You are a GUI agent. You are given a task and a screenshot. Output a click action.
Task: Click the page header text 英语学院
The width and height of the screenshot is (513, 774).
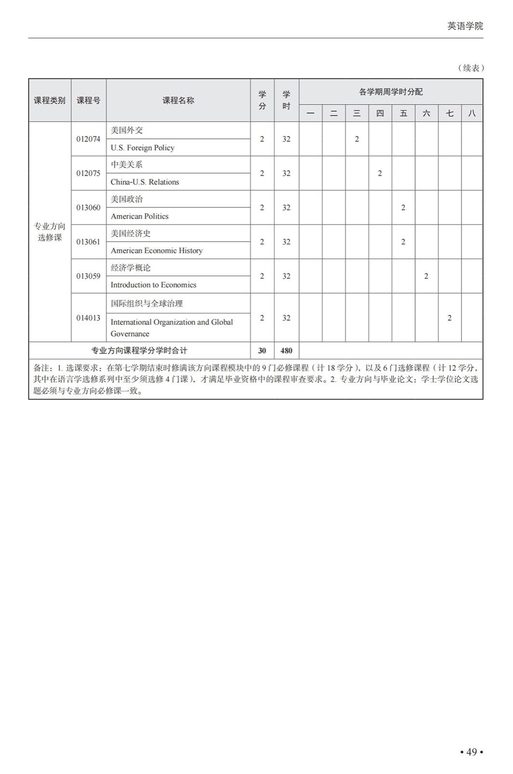point(465,26)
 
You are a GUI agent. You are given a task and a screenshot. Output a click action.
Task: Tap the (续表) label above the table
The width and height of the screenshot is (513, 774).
point(470,68)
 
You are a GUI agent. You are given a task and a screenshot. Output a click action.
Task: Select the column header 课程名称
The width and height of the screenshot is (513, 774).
point(178,100)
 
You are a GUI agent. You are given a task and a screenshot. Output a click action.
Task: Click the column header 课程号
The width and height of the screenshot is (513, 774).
point(89,100)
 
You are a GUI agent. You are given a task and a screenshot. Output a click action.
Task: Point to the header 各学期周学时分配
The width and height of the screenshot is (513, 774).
point(391,92)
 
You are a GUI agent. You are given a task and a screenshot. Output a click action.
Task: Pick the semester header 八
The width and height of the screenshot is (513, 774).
point(472,113)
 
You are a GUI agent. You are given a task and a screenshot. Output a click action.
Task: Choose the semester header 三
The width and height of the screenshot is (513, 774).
point(357,113)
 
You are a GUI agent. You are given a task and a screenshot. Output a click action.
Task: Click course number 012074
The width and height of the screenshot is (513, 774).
point(88,139)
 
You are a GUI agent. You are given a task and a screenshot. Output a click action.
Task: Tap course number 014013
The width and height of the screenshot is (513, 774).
point(88,318)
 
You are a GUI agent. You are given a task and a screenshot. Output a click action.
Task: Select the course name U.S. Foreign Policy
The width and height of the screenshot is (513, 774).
point(142,148)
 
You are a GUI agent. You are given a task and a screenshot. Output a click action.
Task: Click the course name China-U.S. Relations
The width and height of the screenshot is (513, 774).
point(145,182)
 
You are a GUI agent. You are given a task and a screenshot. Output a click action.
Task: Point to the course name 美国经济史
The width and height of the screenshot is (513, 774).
point(130,233)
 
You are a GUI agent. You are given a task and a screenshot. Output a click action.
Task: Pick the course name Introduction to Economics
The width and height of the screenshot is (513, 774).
point(153,285)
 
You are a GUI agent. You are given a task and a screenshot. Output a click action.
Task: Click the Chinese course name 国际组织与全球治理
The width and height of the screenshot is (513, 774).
point(147,303)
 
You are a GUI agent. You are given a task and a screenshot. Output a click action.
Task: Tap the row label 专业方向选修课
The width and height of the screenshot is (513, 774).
point(50,232)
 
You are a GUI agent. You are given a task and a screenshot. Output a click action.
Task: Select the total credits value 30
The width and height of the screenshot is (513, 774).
point(262,351)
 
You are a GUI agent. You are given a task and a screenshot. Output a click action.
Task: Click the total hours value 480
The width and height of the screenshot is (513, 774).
point(286,351)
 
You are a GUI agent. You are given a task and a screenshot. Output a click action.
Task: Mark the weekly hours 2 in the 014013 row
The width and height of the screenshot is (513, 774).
point(449,318)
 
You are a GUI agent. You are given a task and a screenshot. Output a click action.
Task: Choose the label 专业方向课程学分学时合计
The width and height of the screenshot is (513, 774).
point(139,351)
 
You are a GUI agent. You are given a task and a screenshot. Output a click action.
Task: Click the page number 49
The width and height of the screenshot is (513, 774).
point(471,752)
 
